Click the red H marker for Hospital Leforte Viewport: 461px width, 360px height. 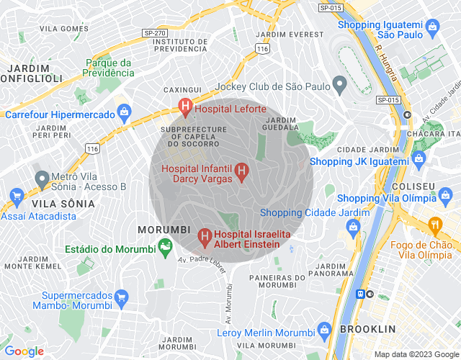(x=185, y=109)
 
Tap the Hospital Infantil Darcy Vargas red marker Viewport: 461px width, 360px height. (x=242, y=172)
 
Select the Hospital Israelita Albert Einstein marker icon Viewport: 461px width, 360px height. (x=205, y=235)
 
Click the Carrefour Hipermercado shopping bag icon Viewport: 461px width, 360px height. (x=125, y=114)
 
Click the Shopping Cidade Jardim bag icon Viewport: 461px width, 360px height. (x=353, y=228)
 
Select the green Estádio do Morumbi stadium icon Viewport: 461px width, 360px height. (x=166, y=249)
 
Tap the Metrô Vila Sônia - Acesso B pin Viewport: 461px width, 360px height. (x=42, y=178)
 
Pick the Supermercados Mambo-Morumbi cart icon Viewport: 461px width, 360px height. (x=121, y=297)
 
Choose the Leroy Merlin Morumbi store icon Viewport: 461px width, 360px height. (x=325, y=333)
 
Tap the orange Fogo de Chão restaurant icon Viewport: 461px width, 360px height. (x=434, y=224)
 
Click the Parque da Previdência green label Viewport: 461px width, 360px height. (x=108, y=67)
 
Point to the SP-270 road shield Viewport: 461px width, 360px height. (x=154, y=32)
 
